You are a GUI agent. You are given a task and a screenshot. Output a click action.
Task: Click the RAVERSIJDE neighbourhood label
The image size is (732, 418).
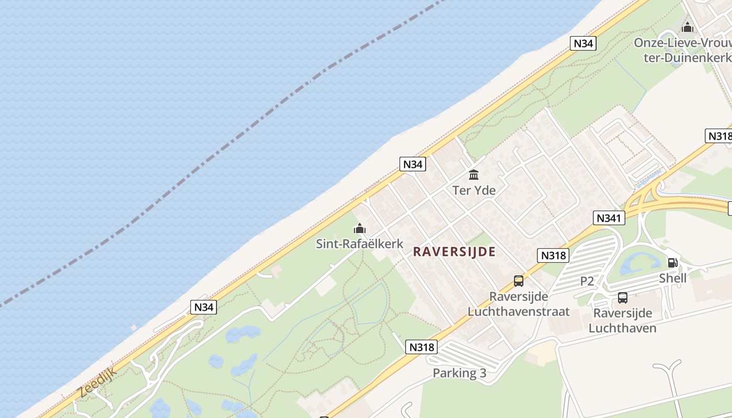[454, 252]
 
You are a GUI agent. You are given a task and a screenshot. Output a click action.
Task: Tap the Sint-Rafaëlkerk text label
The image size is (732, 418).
[360, 243]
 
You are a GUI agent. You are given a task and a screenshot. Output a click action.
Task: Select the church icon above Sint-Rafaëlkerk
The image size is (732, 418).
[360, 228]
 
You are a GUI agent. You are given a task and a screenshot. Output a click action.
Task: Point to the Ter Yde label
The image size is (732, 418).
[474, 190]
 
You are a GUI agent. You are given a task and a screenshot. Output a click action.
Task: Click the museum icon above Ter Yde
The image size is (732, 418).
[474, 175]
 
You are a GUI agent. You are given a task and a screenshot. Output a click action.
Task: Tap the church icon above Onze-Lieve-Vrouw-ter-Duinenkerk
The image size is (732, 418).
[687, 27]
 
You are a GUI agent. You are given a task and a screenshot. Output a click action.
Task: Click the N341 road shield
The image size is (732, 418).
[609, 218]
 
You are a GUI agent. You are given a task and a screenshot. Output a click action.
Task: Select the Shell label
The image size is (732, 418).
[672, 278]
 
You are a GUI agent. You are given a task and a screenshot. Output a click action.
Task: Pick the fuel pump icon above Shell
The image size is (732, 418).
[672, 263]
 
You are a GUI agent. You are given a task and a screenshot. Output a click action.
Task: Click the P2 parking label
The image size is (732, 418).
[587, 281]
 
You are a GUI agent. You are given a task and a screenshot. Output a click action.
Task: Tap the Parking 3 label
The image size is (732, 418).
[459, 373]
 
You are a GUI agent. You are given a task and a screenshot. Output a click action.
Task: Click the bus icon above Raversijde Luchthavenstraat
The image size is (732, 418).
[518, 281]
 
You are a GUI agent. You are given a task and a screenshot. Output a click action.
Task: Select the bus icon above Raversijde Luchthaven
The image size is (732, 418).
[622, 298]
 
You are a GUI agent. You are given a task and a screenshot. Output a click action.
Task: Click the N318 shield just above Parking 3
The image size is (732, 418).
[421, 347]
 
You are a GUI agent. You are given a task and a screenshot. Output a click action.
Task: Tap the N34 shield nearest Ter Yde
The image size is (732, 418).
[413, 164]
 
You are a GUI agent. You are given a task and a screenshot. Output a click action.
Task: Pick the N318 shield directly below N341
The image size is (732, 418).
[553, 256]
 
